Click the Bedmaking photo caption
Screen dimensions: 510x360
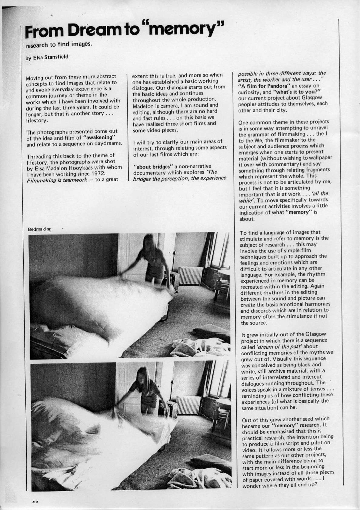[x=40, y=229]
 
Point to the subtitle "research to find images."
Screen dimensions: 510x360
[x=58, y=45]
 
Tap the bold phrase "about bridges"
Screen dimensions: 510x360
[x=153, y=166]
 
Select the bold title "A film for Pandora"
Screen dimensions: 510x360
[x=260, y=86]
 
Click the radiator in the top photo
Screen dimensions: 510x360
[x=190, y=275]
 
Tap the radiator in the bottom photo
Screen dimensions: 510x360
[x=188, y=405]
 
